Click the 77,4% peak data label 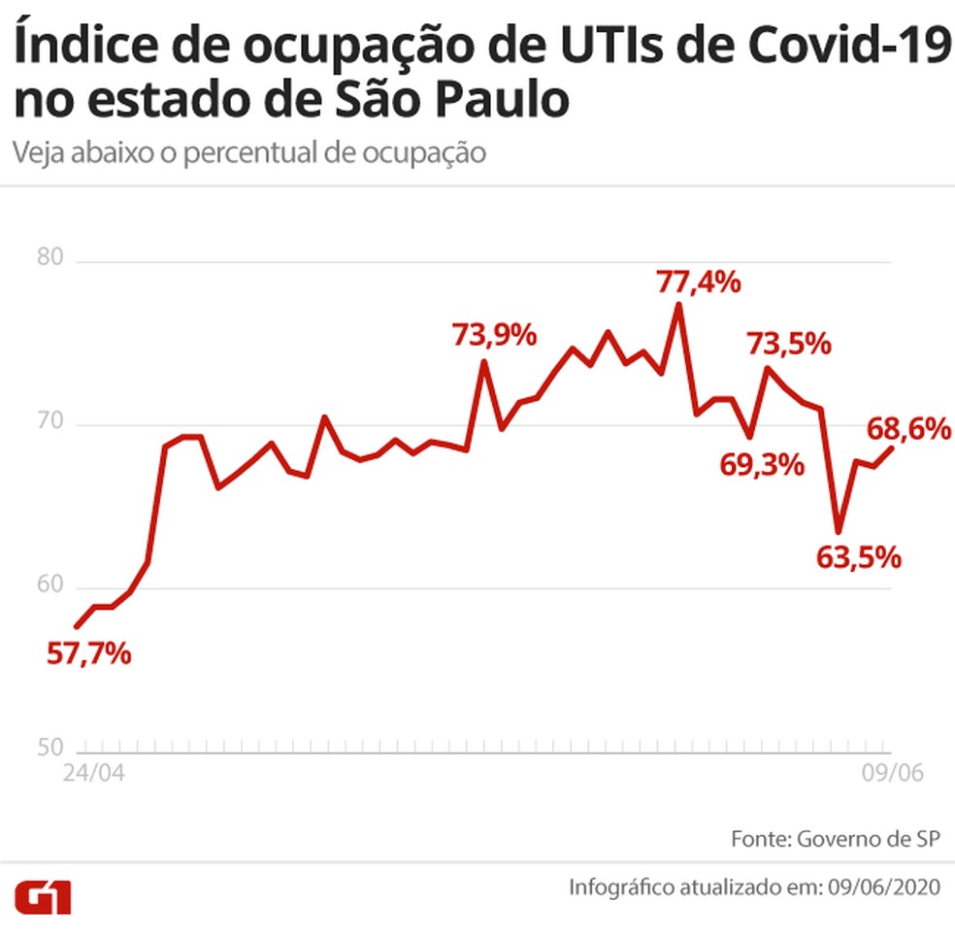pyautogui.click(x=699, y=284)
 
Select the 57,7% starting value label pyautogui.click(x=88, y=653)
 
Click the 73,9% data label pyautogui.click(x=494, y=336)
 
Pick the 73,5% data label pyautogui.click(x=788, y=344)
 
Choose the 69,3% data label pyautogui.click(x=762, y=465)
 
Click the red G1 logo pyautogui.click(x=43, y=896)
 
